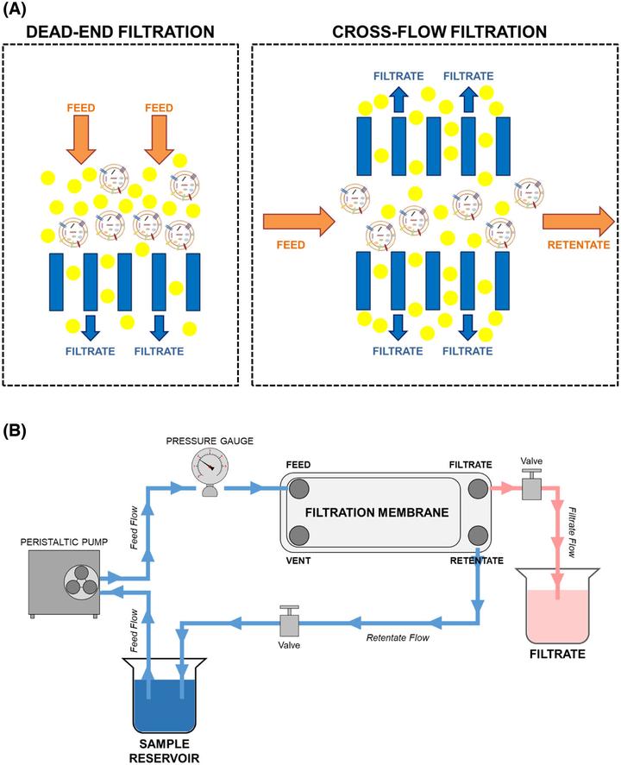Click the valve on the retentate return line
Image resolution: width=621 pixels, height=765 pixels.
(289, 622)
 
